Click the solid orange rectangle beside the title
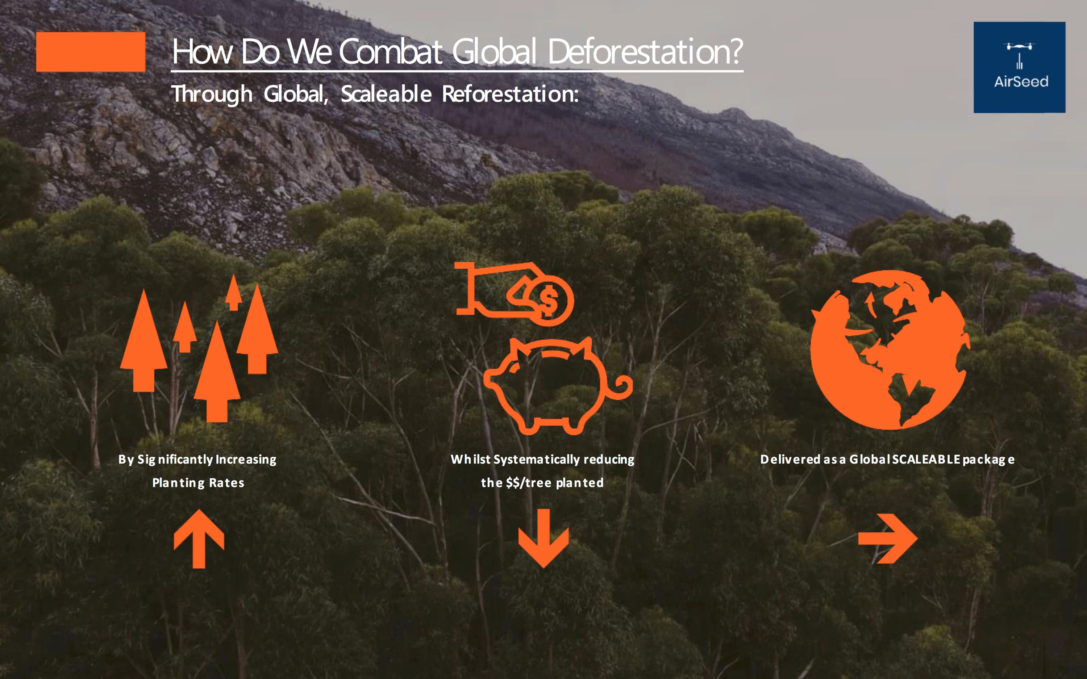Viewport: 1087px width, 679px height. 91,52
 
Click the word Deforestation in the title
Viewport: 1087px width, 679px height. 645,52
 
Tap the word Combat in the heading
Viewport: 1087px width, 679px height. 391,52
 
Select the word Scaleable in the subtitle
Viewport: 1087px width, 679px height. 386,94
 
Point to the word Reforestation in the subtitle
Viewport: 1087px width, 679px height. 510,94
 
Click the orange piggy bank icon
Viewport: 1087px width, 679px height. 558,386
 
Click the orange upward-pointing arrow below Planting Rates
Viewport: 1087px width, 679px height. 199,538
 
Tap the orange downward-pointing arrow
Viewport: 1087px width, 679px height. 543,538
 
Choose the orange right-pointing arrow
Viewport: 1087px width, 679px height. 888,538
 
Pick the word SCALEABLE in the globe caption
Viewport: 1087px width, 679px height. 926,460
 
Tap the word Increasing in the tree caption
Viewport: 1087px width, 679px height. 246,460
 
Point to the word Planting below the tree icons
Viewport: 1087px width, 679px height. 178,483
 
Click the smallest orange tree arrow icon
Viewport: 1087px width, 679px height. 233,293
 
